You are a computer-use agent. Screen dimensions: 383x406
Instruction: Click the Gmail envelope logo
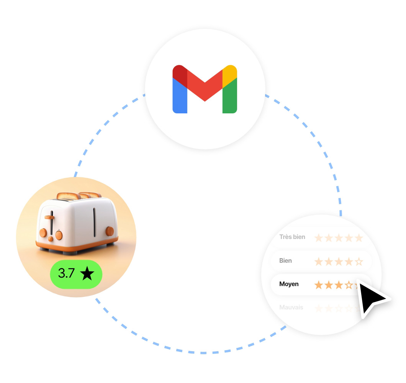point(205,89)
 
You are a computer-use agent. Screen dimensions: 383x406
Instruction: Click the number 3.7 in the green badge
point(66,273)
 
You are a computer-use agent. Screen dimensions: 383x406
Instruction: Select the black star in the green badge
point(87,273)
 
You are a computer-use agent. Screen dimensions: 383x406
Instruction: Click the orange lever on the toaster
point(49,217)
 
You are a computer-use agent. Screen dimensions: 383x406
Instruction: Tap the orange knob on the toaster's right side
point(110,231)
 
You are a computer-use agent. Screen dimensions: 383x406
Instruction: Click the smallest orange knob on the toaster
point(51,239)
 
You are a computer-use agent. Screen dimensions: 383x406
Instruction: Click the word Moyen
point(289,284)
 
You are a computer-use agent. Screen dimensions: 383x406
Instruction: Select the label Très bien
point(292,237)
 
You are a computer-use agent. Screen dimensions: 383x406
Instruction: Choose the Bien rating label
point(285,260)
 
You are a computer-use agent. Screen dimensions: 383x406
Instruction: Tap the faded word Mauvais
point(291,307)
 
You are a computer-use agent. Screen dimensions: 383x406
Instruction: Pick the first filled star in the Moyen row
point(318,285)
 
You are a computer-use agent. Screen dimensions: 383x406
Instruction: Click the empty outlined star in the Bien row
point(359,262)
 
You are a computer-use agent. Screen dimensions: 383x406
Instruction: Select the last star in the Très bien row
point(359,238)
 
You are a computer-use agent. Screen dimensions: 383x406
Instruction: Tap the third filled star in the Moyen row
point(338,285)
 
